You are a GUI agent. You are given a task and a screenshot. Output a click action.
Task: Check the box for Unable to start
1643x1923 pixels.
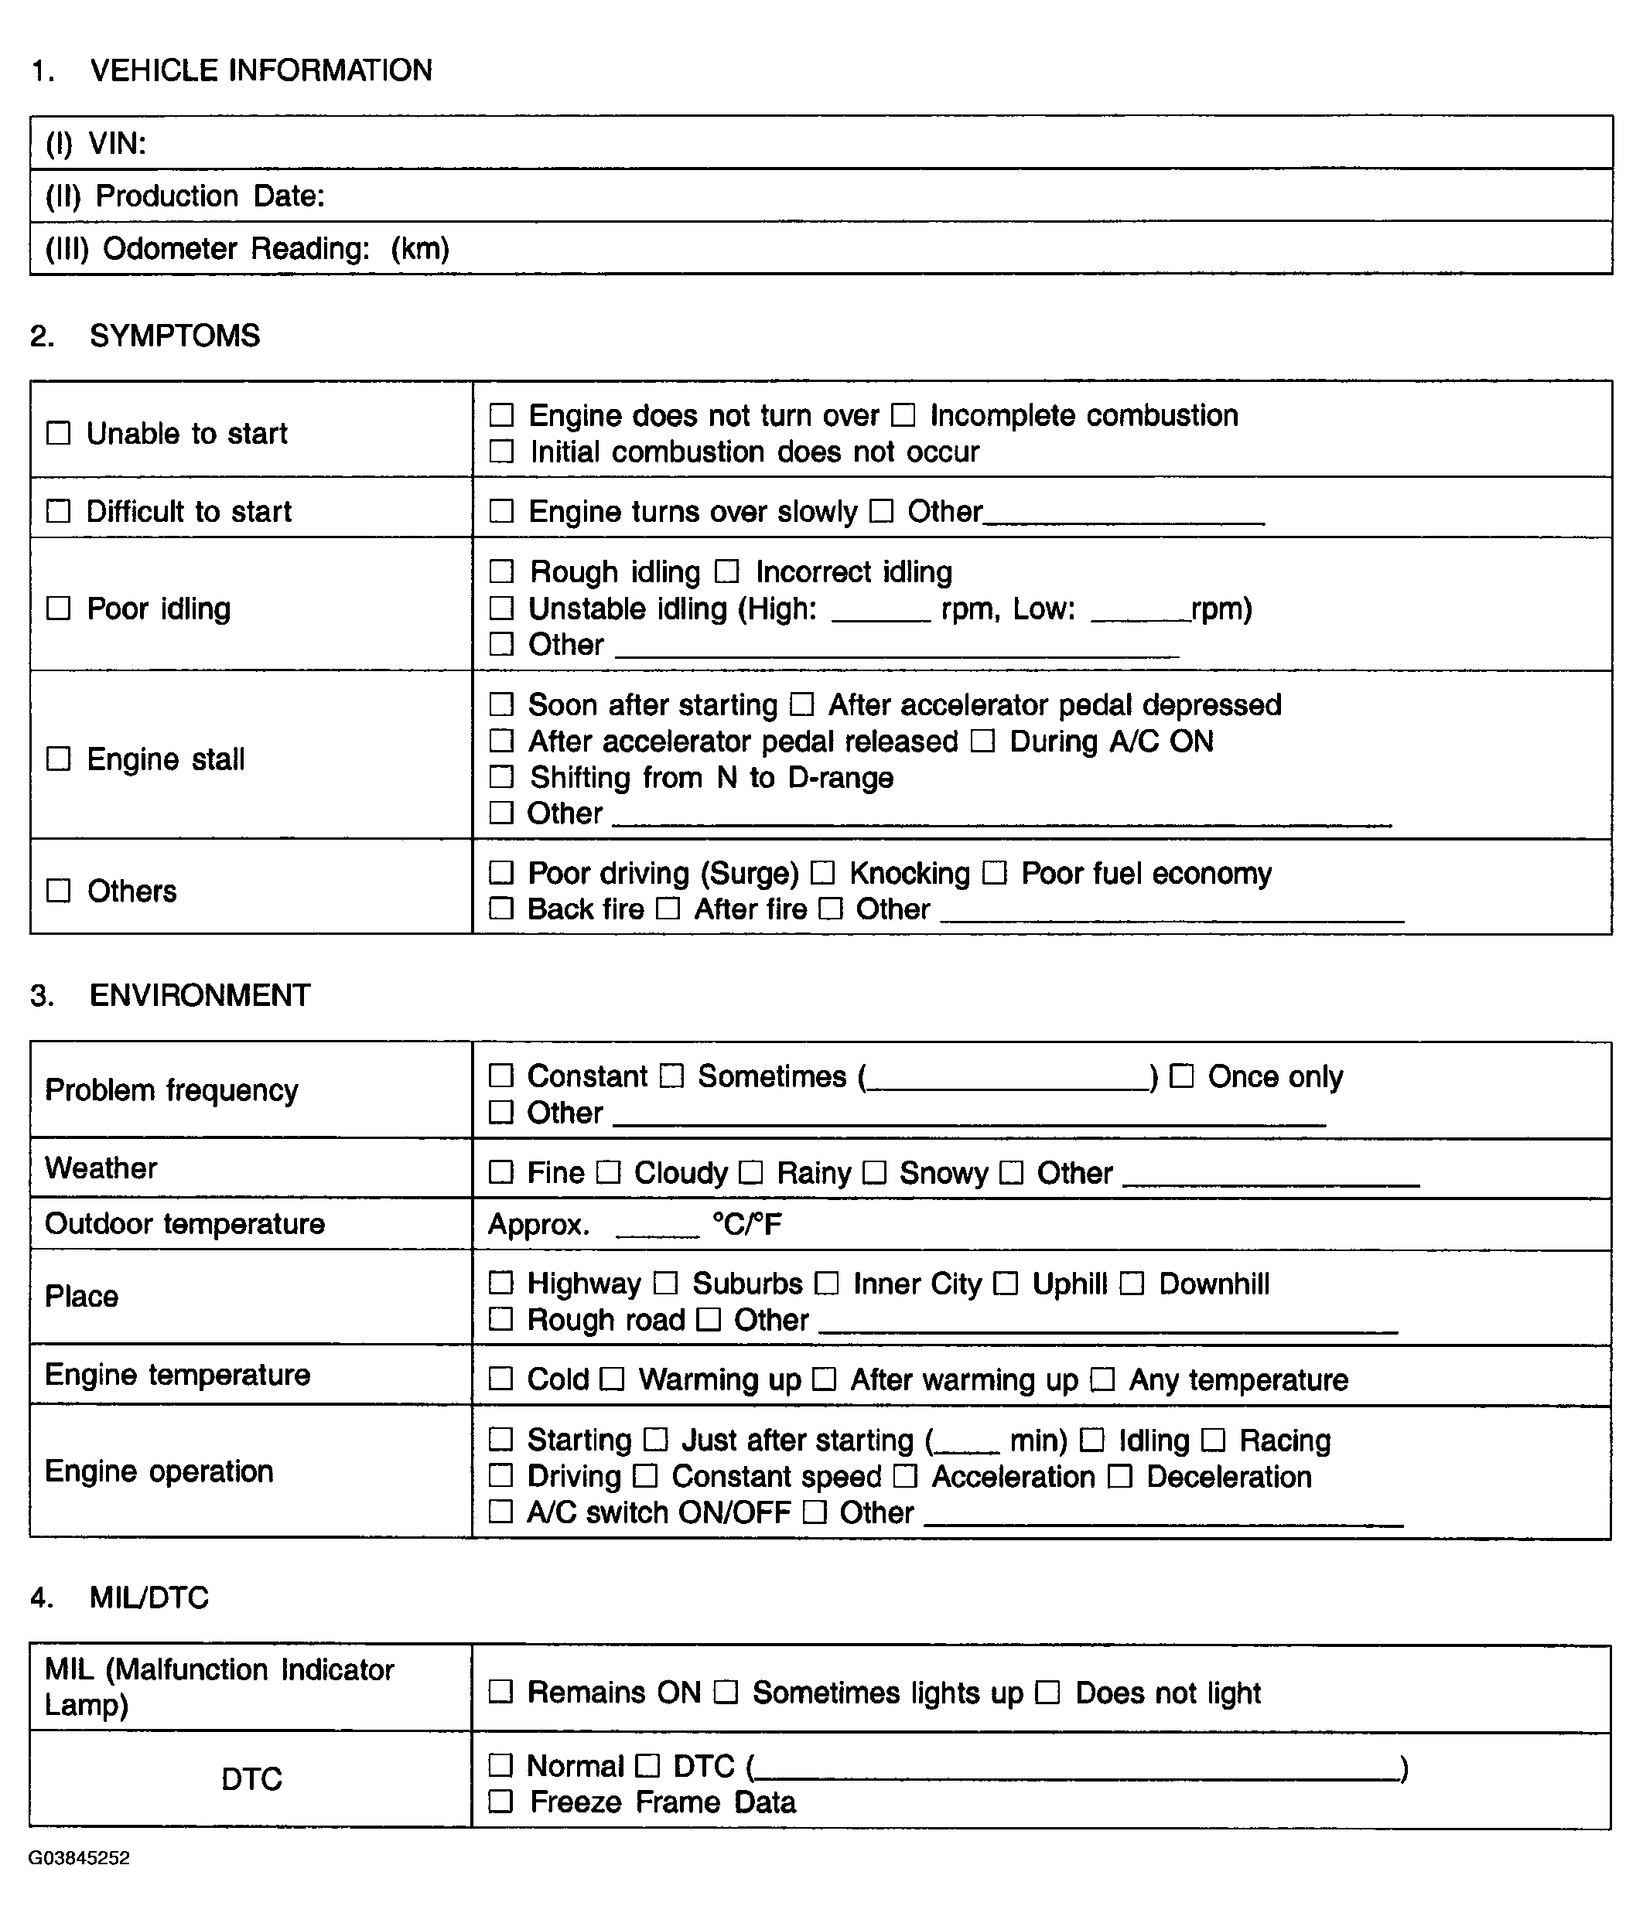click(x=59, y=434)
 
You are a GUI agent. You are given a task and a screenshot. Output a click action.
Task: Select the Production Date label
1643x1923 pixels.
click(x=185, y=196)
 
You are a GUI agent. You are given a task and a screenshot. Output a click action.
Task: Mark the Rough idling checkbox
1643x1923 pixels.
click(x=501, y=571)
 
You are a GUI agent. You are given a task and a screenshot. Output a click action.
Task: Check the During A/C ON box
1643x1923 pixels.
click(x=983, y=742)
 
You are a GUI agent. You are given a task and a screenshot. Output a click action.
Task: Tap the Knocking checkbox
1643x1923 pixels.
click(x=822, y=873)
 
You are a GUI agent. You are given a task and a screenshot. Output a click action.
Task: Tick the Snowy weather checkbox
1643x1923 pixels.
click(x=874, y=1173)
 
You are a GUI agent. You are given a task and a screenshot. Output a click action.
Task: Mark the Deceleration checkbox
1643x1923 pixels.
click(x=1120, y=1477)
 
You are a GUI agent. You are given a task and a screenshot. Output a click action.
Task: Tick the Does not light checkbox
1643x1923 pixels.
click(x=1048, y=1693)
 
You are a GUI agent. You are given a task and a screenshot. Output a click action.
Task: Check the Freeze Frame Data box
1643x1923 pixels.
click(x=501, y=1802)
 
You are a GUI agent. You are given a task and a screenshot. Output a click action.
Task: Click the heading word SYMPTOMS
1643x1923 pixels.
click(x=175, y=336)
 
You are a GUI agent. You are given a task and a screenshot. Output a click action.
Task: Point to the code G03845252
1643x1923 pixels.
click(x=79, y=1858)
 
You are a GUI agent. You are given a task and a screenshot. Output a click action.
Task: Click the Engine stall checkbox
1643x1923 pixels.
click(x=59, y=759)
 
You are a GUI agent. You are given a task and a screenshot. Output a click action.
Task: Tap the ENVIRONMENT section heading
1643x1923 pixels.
click(x=200, y=996)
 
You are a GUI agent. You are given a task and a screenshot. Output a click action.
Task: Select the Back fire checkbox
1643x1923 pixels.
click(x=501, y=909)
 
